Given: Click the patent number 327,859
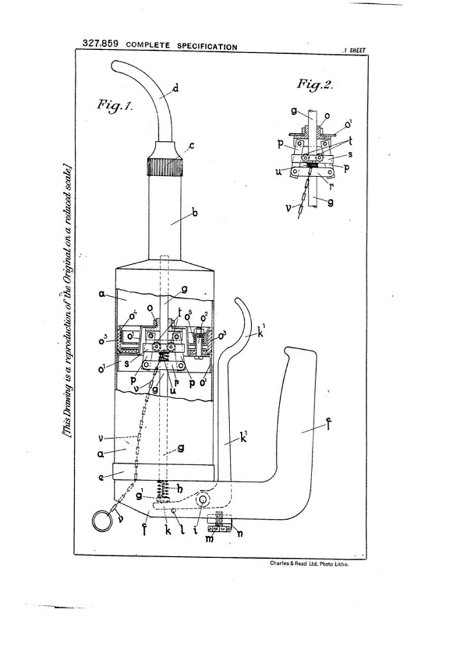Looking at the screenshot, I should [x=102, y=44].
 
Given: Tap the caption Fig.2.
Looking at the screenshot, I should [x=315, y=84].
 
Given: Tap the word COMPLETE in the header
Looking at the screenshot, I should [x=149, y=46].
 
